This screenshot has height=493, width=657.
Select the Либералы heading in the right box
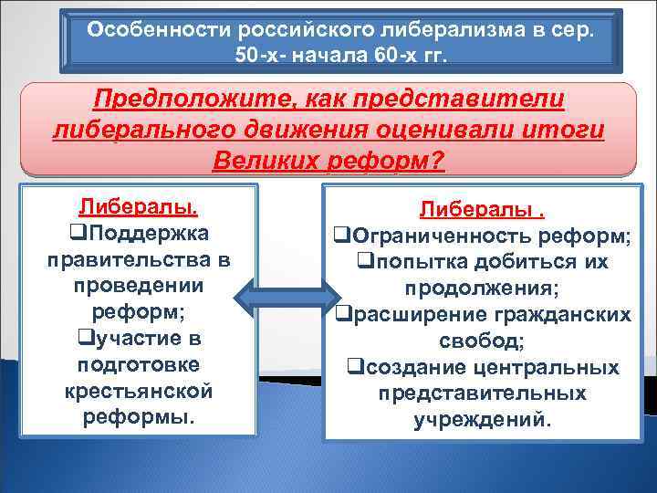(479, 210)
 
